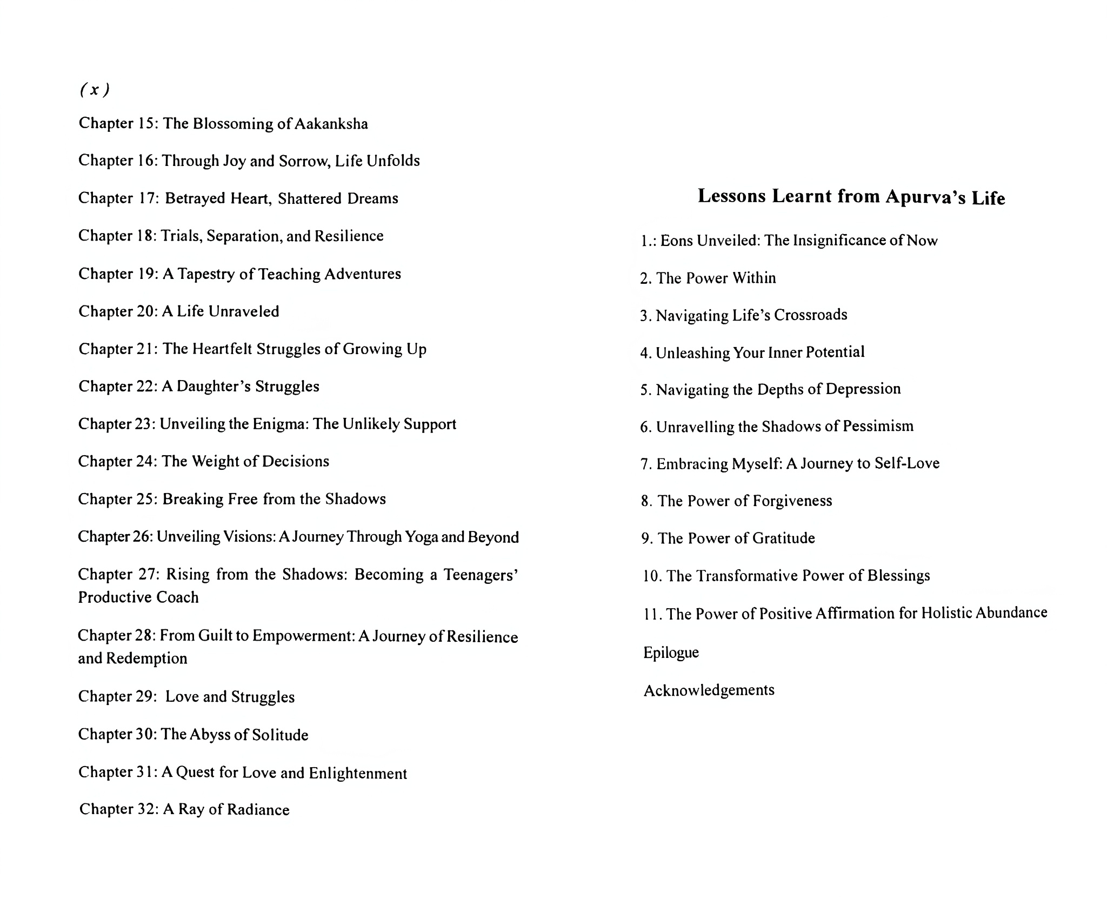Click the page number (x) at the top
tap(95, 90)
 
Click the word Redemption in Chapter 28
tap(146, 658)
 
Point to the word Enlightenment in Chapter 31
tap(358, 773)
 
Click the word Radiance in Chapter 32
tap(258, 809)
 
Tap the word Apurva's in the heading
tap(926, 197)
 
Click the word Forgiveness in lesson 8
tap(792, 501)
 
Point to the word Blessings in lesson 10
tap(898, 575)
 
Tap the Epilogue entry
tap(671, 653)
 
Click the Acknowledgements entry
tap(709, 690)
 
